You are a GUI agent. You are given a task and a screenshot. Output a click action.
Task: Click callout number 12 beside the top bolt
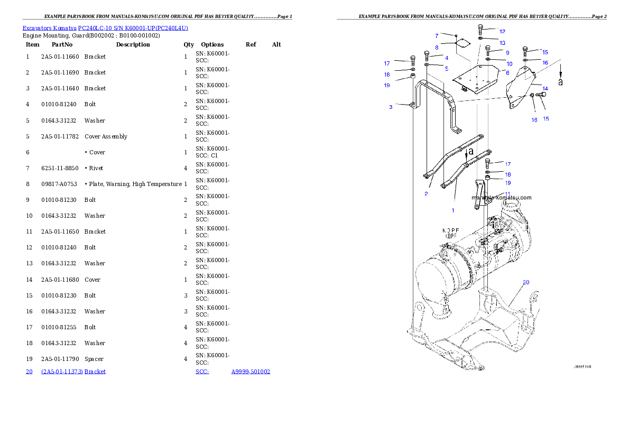pos(502,32)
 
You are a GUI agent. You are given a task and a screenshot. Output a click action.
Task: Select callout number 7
pos(437,35)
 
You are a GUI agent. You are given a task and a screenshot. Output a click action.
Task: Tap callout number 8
pos(437,48)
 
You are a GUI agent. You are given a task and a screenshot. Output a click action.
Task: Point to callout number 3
pos(391,107)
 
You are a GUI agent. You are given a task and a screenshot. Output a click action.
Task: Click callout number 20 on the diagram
pos(526,282)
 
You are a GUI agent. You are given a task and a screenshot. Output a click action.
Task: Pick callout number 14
pos(545,89)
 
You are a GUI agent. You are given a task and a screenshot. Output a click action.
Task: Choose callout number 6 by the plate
pos(507,73)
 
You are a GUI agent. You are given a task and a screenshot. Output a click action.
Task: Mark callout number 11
pos(507,194)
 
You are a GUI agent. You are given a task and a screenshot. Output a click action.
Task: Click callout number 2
pos(426,193)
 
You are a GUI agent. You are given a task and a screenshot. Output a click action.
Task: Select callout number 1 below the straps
pos(452,210)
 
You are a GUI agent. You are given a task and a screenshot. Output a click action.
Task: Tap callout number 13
pos(502,43)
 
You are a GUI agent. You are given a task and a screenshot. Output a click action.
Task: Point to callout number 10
pos(510,64)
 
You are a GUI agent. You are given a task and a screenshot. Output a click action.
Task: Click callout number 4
pos(447,58)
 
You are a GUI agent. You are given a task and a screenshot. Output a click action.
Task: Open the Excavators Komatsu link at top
pos(105,27)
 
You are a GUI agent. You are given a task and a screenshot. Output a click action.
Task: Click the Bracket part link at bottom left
pos(73,372)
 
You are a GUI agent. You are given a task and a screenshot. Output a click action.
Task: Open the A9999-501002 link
pos(251,372)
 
